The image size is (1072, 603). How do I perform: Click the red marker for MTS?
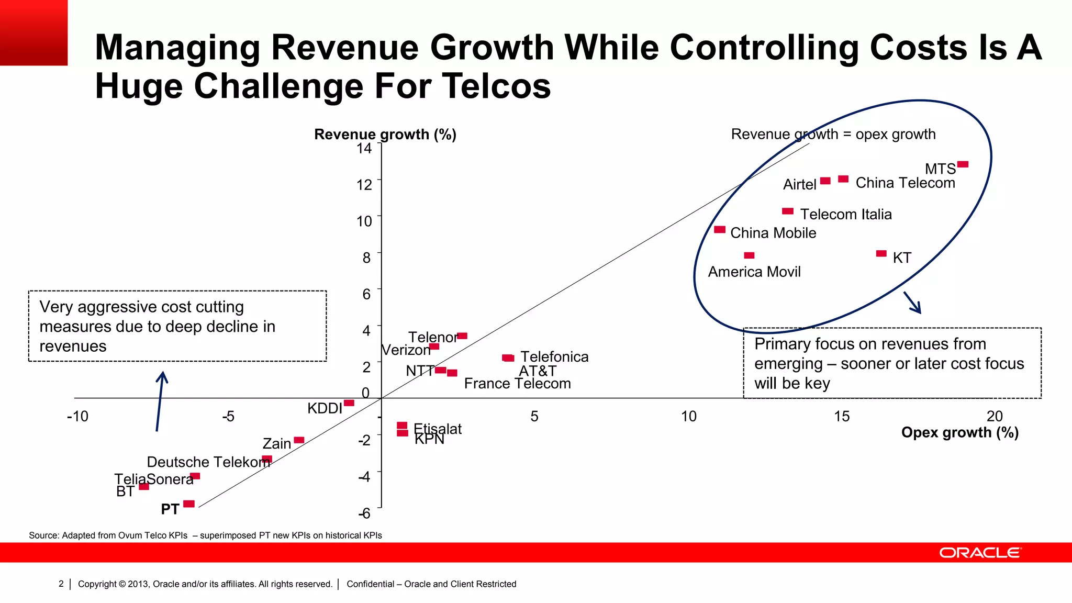click(963, 164)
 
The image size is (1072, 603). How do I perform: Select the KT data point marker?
click(881, 254)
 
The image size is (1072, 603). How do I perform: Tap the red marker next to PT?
click(189, 504)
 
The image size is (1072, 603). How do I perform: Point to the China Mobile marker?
click(720, 230)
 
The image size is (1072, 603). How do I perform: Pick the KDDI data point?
click(349, 403)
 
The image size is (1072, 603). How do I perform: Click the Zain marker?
click(299, 440)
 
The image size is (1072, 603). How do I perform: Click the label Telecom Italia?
click(845, 214)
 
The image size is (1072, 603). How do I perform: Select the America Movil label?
click(754, 272)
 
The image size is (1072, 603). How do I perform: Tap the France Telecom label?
click(517, 384)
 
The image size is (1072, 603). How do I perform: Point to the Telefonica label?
click(554, 357)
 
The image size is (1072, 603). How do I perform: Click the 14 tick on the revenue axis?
click(364, 149)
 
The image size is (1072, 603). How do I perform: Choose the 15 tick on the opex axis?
click(841, 417)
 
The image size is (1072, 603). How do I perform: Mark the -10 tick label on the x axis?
click(77, 417)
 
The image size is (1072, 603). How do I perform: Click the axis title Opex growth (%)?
click(959, 433)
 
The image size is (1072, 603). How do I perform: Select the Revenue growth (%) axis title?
click(385, 135)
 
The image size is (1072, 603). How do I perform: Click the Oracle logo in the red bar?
click(980, 553)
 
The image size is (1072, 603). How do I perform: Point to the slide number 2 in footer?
click(61, 584)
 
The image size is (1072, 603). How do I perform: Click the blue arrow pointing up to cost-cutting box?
click(160, 401)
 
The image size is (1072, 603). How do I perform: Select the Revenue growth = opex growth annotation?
click(833, 135)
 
